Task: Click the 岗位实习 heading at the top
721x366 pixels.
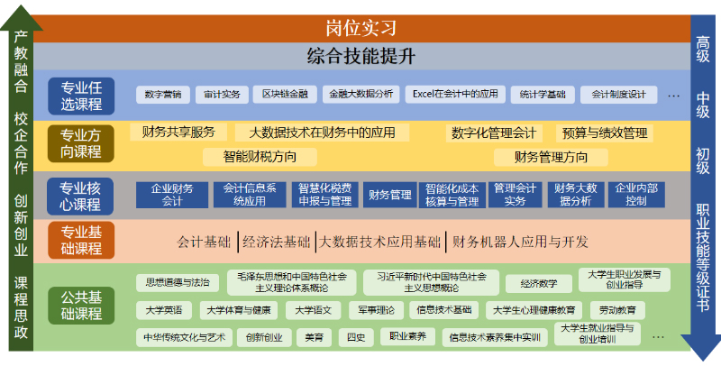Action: click(x=360, y=28)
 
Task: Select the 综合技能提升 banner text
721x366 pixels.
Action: click(x=360, y=56)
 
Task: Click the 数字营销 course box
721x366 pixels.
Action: click(x=162, y=94)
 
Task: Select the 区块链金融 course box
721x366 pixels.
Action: click(x=284, y=94)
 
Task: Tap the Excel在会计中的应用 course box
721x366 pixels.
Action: click(x=455, y=94)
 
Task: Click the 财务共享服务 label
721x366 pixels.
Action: click(x=178, y=133)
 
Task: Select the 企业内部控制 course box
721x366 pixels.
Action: click(x=636, y=195)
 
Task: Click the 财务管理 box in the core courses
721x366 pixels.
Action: click(x=389, y=195)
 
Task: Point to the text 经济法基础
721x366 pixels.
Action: click(x=278, y=242)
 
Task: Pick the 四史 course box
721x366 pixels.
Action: click(x=356, y=338)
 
